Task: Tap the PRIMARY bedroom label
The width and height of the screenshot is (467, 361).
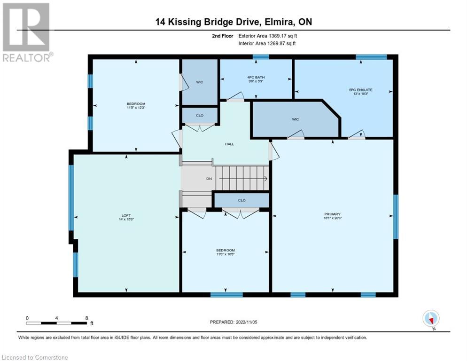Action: click(x=333, y=214)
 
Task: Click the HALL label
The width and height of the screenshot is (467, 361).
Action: click(x=229, y=144)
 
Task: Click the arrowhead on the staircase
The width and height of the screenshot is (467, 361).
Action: click(x=266, y=179)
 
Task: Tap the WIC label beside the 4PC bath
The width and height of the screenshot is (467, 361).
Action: click(x=199, y=82)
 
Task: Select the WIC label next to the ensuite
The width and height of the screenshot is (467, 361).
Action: click(x=295, y=119)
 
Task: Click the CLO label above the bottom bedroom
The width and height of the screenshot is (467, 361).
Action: click(x=241, y=200)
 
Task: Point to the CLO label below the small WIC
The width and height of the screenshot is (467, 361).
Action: click(x=199, y=115)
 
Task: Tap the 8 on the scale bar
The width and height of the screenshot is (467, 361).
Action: click(x=86, y=318)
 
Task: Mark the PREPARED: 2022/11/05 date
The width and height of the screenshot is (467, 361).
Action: click(x=233, y=322)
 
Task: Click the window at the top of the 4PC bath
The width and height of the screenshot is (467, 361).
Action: click(x=261, y=57)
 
